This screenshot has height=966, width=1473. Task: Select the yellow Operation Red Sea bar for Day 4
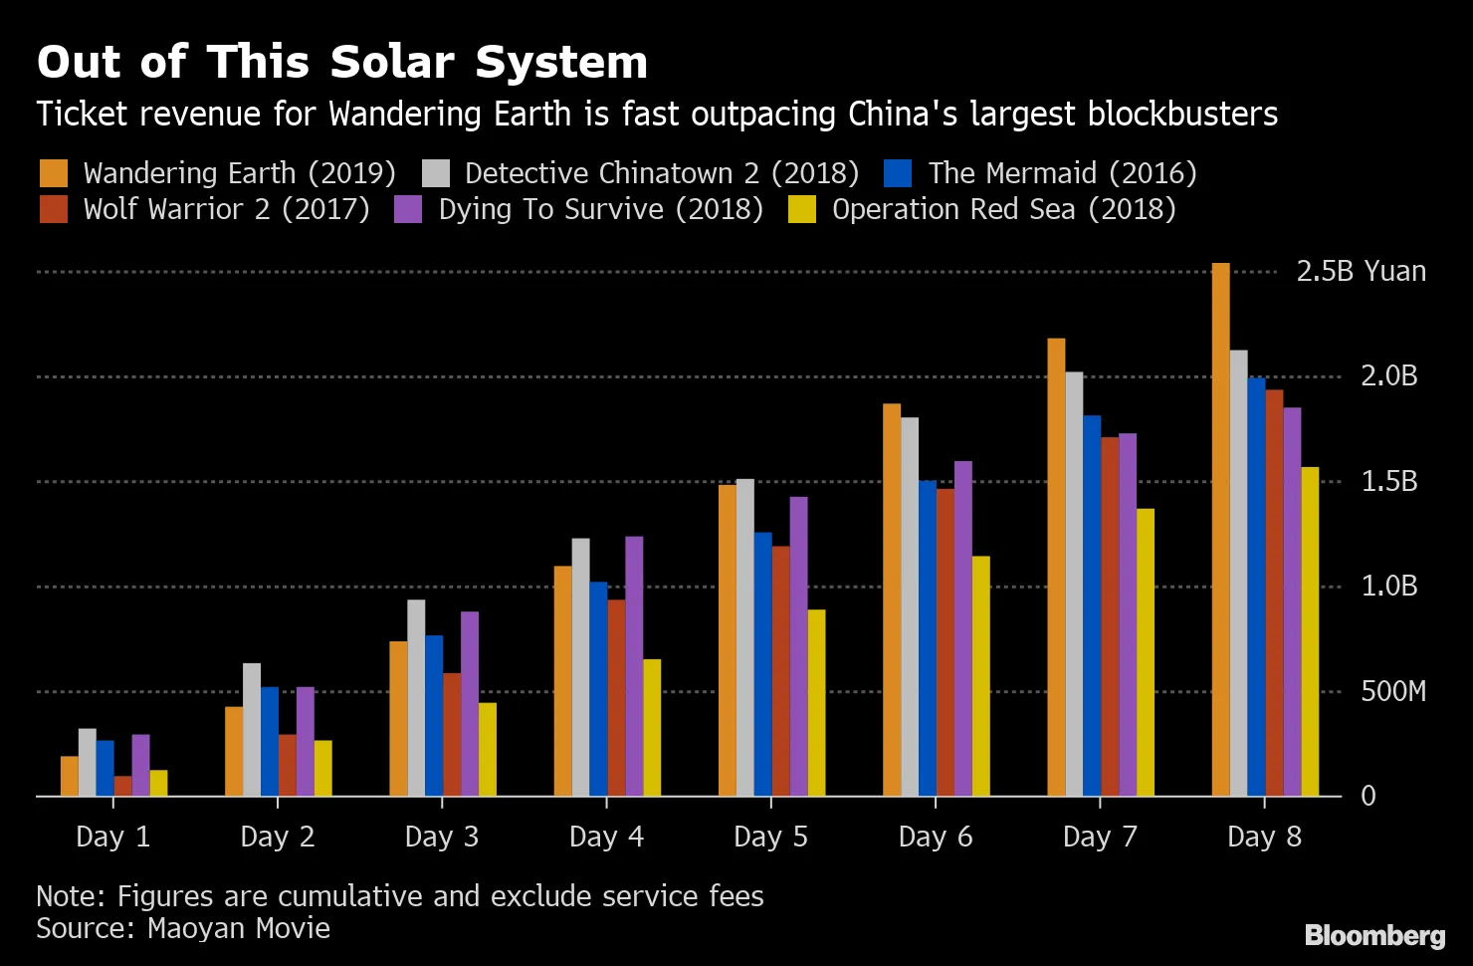click(x=652, y=728)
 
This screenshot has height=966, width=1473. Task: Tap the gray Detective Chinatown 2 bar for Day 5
click(x=744, y=637)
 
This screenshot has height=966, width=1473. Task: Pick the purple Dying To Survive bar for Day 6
click(x=963, y=628)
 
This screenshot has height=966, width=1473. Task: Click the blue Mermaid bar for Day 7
click(x=1092, y=605)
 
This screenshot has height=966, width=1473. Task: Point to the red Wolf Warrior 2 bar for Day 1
click(x=122, y=786)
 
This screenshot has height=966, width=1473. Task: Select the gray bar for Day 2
click(x=252, y=730)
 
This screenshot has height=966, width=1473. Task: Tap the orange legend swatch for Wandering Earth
click(x=54, y=173)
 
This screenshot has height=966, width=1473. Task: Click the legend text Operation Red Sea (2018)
click(x=1003, y=210)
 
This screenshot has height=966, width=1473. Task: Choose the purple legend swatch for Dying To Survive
click(x=409, y=210)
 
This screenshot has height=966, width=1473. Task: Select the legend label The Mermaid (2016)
click(x=1062, y=173)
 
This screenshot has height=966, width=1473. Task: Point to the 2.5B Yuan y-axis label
click(x=1361, y=272)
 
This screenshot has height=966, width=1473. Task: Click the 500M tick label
click(x=1392, y=691)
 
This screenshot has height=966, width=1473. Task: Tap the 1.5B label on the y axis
click(x=1388, y=482)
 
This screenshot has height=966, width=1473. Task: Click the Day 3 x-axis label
click(x=442, y=837)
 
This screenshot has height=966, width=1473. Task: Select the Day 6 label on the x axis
click(x=935, y=837)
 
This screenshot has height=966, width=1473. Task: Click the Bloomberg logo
click(x=1374, y=936)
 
